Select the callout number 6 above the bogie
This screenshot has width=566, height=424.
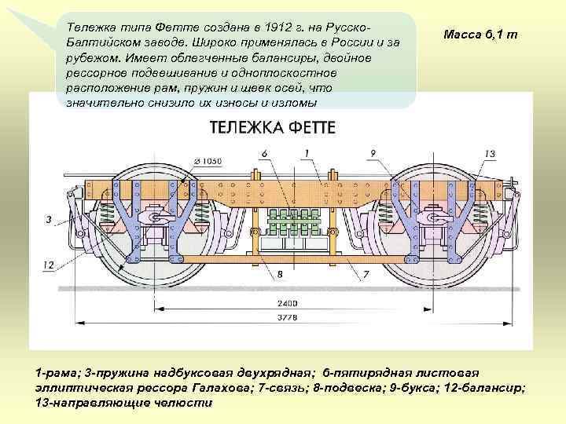[264, 152]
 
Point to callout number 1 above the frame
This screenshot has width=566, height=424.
[305, 152]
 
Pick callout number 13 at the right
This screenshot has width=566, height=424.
[490, 153]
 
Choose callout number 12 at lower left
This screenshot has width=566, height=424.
[49, 265]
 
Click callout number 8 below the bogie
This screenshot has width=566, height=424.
[278, 275]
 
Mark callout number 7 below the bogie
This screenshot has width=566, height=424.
[366, 275]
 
